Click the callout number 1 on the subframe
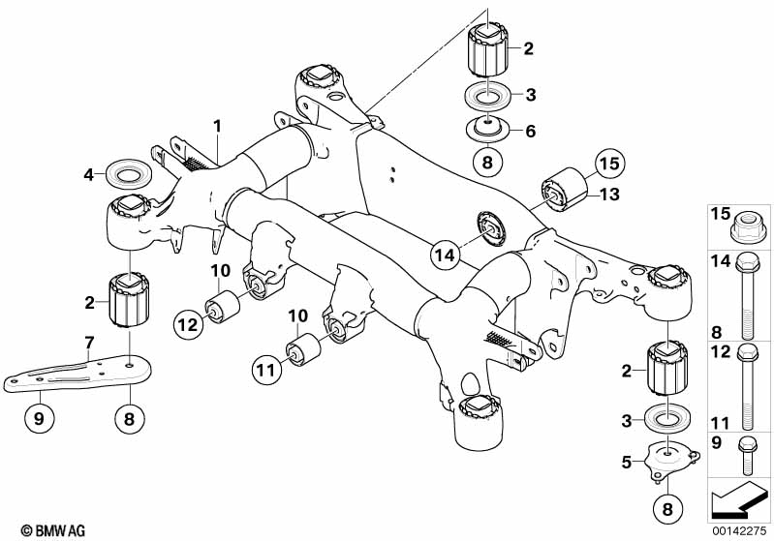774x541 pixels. pyautogui.click(x=218, y=126)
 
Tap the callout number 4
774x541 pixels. pyautogui.click(x=88, y=175)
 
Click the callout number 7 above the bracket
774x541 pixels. pyautogui.click(x=88, y=343)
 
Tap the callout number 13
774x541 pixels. pyautogui.click(x=609, y=195)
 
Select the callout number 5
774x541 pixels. pyautogui.click(x=628, y=463)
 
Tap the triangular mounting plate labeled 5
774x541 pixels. pyautogui.click(x=666, y=460)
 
